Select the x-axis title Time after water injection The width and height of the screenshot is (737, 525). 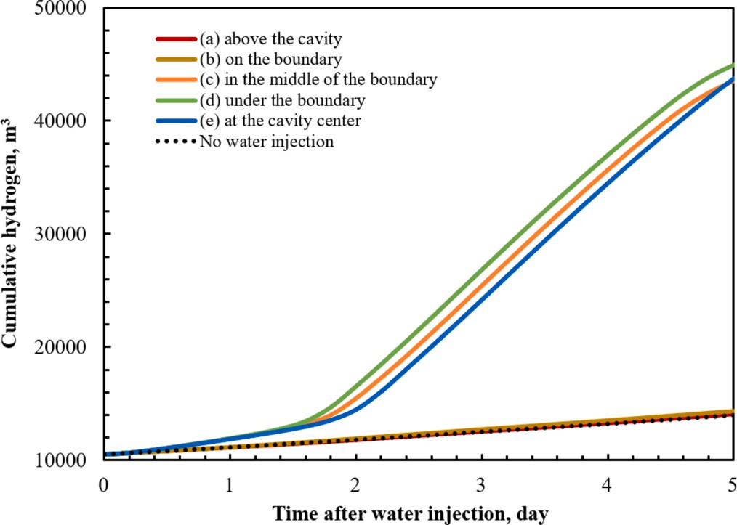(x=411, y=513)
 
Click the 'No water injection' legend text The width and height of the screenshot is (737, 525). (x=267, y=142)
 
